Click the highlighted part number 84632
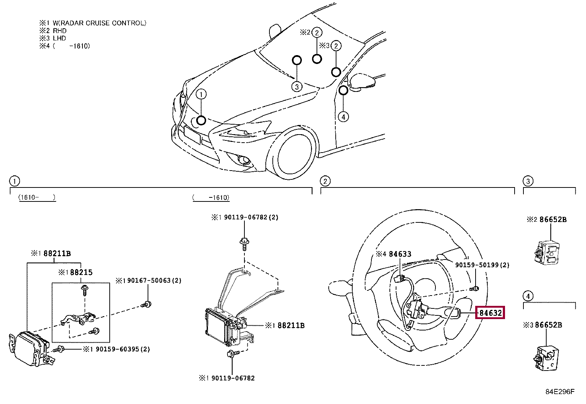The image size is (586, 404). coord(490,313)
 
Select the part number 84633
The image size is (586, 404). coord(400,254)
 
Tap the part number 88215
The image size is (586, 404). coord(81,272)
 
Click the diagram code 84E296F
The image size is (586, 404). coord(560,392)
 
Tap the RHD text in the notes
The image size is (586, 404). coord(60,31)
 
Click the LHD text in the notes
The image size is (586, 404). coord(59,38)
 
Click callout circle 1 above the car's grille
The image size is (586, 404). coord(201,94)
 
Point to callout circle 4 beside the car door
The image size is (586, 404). coord(343,117)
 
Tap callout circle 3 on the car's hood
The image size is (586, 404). coord(297,86)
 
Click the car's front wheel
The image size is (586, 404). coord(294,154)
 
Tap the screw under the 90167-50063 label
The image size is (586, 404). coord(146,304)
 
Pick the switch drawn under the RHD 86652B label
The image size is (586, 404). coord(547,252)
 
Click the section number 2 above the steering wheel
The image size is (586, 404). coord(325,181)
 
